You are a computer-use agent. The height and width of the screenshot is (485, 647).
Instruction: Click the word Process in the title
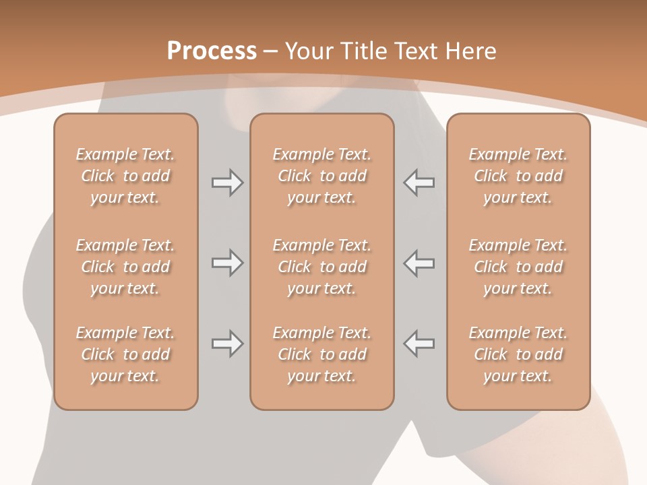(x=212, y=51)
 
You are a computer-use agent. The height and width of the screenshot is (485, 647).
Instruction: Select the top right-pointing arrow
(x=227, y=183)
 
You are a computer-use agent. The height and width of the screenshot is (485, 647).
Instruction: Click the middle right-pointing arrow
(x=227, y=263)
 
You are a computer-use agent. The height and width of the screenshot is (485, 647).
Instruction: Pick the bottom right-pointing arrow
(x=227, y=344)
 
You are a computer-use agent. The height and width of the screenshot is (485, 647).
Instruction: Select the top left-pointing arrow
(x=419, y=183)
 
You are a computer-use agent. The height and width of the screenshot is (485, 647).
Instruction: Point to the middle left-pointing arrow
(x=419, y=263)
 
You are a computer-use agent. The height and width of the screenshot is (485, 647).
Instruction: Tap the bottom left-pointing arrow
(x=419, y=344)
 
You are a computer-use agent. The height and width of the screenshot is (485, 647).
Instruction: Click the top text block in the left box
(x=125, y=176)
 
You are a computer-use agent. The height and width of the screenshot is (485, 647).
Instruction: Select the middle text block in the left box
(x=125, y=267)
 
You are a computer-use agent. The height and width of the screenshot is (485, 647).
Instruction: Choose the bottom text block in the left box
(x=125, y=354)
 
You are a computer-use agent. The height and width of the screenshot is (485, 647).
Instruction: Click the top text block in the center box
(x=321, y=176)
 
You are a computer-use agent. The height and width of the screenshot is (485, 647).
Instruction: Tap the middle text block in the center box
(x=321, y=267)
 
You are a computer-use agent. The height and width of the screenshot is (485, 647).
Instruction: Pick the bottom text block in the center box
(x=321, y=354)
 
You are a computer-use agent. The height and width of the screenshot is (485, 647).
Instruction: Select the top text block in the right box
(x=518, y=176)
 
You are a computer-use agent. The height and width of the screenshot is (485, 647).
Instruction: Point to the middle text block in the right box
(x=518, y=267)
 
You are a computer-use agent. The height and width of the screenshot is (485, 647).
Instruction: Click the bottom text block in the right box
(x=518, y=354)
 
